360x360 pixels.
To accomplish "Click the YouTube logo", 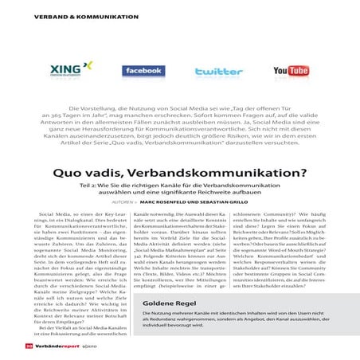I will pos(290,72).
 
